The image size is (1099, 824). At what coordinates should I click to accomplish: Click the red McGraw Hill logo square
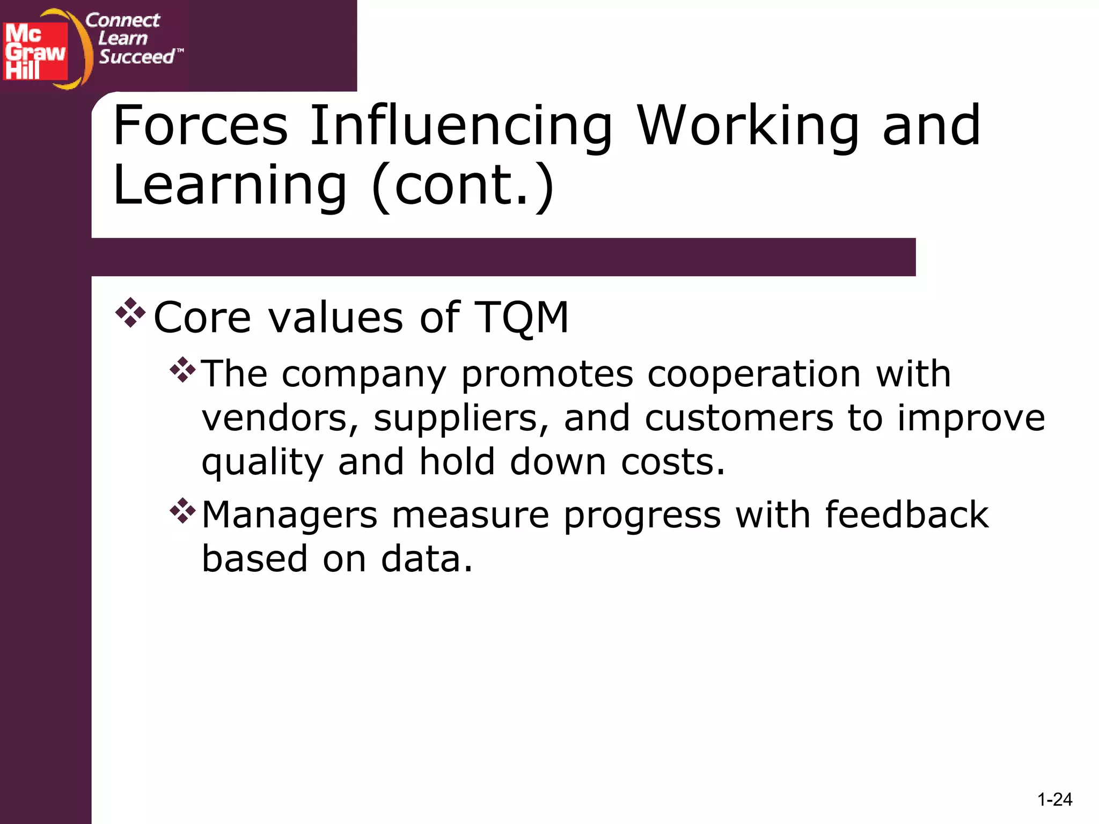(x=35, y=51)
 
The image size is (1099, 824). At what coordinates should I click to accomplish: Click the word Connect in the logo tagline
(x=122, y=20)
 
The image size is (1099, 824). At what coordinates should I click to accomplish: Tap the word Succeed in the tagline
(x=137, y=56)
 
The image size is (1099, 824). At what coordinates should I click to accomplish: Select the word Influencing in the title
(x=461, y=127)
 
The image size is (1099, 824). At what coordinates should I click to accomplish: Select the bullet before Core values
(x=130, y=313)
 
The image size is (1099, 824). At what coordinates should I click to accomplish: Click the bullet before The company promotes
(x=182, y=370)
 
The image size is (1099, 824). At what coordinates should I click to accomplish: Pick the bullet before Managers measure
(x=182, y=511)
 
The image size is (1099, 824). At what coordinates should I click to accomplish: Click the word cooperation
(x=754, y=374)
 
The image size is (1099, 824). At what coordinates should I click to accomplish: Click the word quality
(x=262, y=462)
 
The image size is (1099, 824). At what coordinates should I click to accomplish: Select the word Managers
(x=290, y=515)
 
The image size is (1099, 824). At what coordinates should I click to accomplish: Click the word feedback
(x=906, y=515)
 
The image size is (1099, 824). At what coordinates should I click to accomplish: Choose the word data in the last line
(x=427, y=559)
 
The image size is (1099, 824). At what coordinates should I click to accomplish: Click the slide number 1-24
(x=1054, y=800)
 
